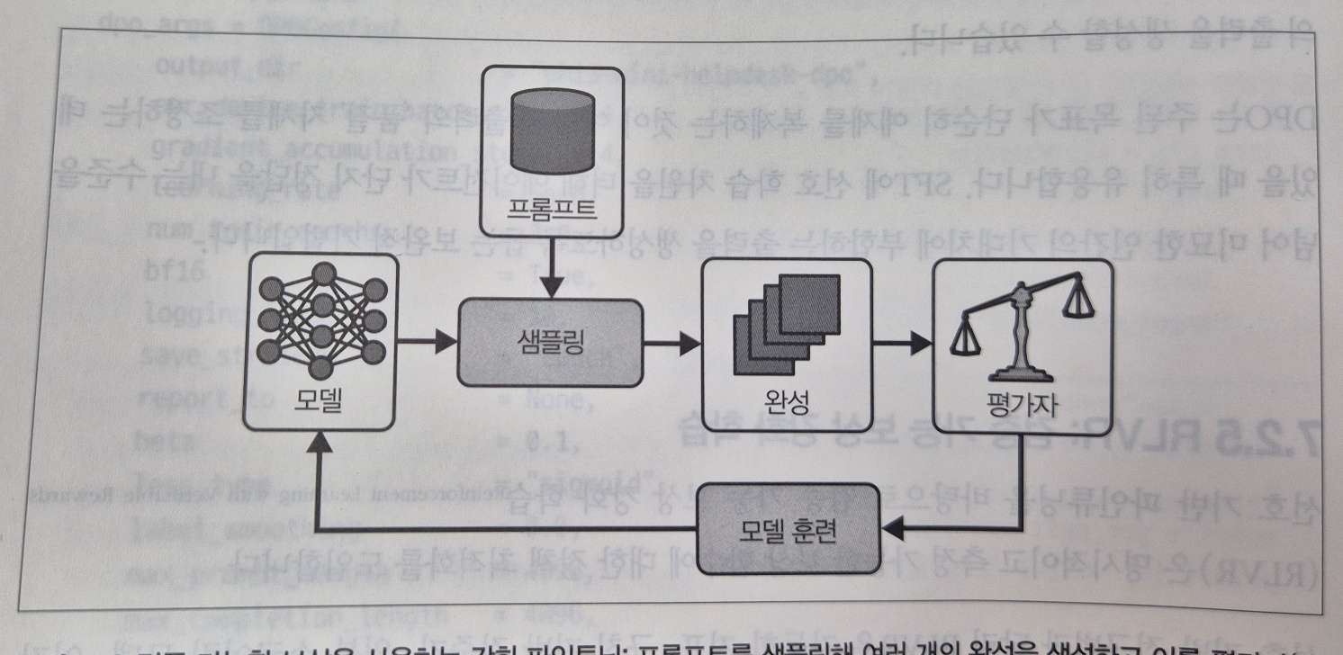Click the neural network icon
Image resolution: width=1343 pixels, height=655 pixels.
pyautogui.click(x=321, y=320)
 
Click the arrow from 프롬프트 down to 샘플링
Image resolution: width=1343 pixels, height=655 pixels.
pyautogui.click(x=553, y=274)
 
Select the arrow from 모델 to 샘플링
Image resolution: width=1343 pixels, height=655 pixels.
pyautogui.click(x=428, y=341)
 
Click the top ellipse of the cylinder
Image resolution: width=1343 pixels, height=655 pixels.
pyautogui.click(x=553, y=97)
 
